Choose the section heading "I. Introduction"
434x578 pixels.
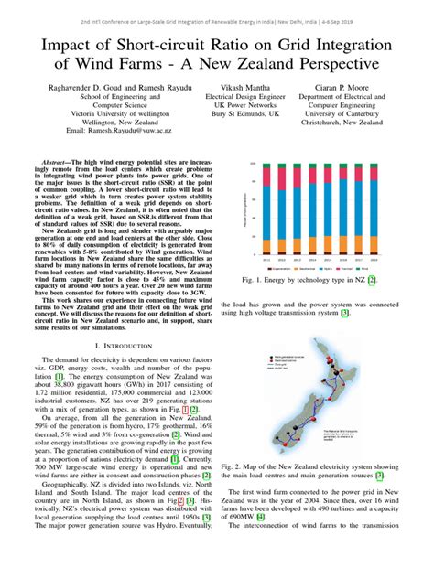point(128,345)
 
